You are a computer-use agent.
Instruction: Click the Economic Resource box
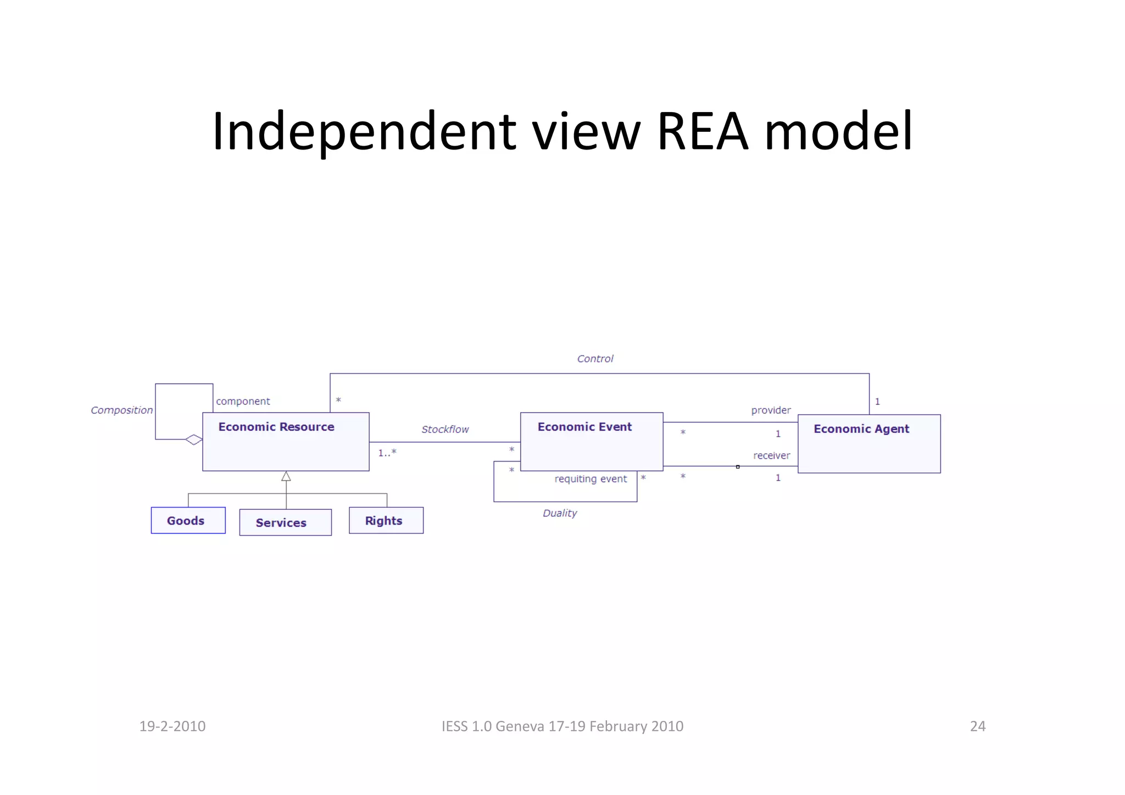tap(286, 441)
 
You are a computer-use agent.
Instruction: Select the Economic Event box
tap(591, 441)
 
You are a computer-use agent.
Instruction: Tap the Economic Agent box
tap(868, 443)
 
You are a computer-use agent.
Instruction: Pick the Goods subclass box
tap(188, 520)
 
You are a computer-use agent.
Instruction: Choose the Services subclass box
tap(285, 522)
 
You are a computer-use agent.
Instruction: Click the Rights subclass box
tap(386, 520)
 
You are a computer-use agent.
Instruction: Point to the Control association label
tap(594, 359)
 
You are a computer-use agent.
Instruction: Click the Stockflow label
tap(444, 429)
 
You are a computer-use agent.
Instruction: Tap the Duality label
tap(559, 513)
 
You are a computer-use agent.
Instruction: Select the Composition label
tap(121, 410)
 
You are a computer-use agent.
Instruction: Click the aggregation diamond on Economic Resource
tap(193, 440)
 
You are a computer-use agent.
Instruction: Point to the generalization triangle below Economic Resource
tap(286, 476)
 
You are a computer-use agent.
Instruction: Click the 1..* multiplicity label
tap(387, 453)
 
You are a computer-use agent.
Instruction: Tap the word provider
tap(771, 410)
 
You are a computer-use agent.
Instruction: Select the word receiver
tap(771, 455)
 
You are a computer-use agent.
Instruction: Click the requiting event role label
tap(590, 479)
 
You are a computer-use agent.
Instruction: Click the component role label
tap(243, 401)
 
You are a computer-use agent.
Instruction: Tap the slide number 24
tap(977, 726)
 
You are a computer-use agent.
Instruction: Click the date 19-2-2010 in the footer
tap(172, 726)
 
